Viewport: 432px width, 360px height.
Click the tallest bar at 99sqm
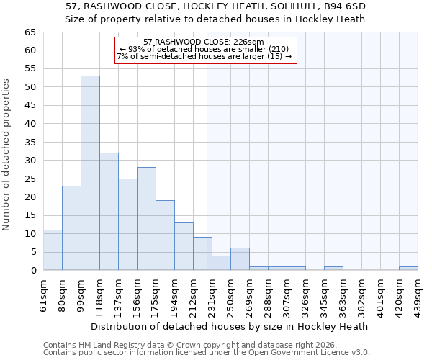click(90, 173)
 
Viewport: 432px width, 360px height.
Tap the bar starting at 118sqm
click(109, 211)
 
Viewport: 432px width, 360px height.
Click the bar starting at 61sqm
click(53, 250)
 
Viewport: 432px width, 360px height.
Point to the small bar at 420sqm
click(408, 269)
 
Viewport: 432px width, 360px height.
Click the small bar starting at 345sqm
click(333, 269)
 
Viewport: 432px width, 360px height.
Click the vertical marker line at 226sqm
click(207, 166)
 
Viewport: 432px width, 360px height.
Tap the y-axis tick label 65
click(30, 32)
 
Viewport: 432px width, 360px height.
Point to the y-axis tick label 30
click(30, 161)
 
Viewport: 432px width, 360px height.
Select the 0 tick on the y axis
click(32, 271)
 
